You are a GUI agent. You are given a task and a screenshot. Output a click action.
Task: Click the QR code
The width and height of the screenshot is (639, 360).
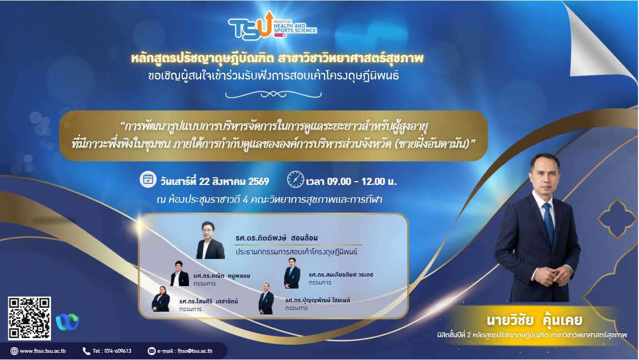click(29, 318)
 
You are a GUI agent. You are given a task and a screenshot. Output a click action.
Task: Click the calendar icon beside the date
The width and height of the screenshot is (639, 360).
click(148, 179)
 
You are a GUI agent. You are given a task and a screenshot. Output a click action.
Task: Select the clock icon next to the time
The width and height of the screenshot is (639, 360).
click(296, 179)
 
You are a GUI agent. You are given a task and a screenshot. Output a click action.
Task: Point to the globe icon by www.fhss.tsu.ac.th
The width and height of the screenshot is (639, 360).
click(14, 351)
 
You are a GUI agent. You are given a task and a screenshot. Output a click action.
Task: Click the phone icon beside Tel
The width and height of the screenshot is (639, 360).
click(86, 351)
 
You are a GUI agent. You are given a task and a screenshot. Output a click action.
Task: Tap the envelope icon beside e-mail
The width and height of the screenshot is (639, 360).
click(152, 351)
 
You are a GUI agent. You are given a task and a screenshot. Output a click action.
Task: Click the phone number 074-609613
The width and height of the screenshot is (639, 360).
click(117, 351)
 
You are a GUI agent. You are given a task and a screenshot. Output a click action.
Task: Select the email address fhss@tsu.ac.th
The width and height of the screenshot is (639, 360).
click(195, 351)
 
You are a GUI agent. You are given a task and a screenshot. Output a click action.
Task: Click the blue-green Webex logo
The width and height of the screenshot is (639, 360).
click(68, 322)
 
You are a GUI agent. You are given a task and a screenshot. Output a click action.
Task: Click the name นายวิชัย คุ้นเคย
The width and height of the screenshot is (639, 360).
click(535, 320)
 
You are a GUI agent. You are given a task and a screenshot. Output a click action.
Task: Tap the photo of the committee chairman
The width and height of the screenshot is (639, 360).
click(210, 240)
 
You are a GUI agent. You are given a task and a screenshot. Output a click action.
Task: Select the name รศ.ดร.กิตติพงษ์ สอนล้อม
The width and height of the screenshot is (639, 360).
click(277, 238)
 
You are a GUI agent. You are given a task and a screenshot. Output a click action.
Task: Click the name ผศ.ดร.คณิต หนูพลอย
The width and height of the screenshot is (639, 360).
click(222, 276)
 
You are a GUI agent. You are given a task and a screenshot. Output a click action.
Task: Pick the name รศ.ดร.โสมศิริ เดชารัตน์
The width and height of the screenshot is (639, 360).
click(209, 301)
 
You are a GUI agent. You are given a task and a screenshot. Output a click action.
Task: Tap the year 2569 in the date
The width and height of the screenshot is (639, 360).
click(259, 182)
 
